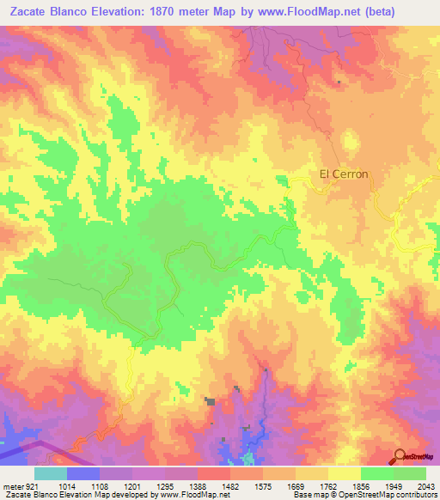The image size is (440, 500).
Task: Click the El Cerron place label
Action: pyautogui.click(x=344, y=174)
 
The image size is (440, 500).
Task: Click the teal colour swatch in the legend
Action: pyautogui.click(x=50, y=473)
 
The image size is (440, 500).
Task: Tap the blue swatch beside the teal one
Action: pyautogui.click(x=82, y=473)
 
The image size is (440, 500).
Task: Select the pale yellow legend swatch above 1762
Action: pyautogui.click(x=311, y=473)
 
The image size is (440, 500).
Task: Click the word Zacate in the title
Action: pyautogui.click(x=34, y=11)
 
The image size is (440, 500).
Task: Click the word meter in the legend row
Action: pyautogui.click(x=12, y=485)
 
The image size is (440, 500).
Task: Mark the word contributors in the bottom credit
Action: pyautogui.click(x=417, y=496)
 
